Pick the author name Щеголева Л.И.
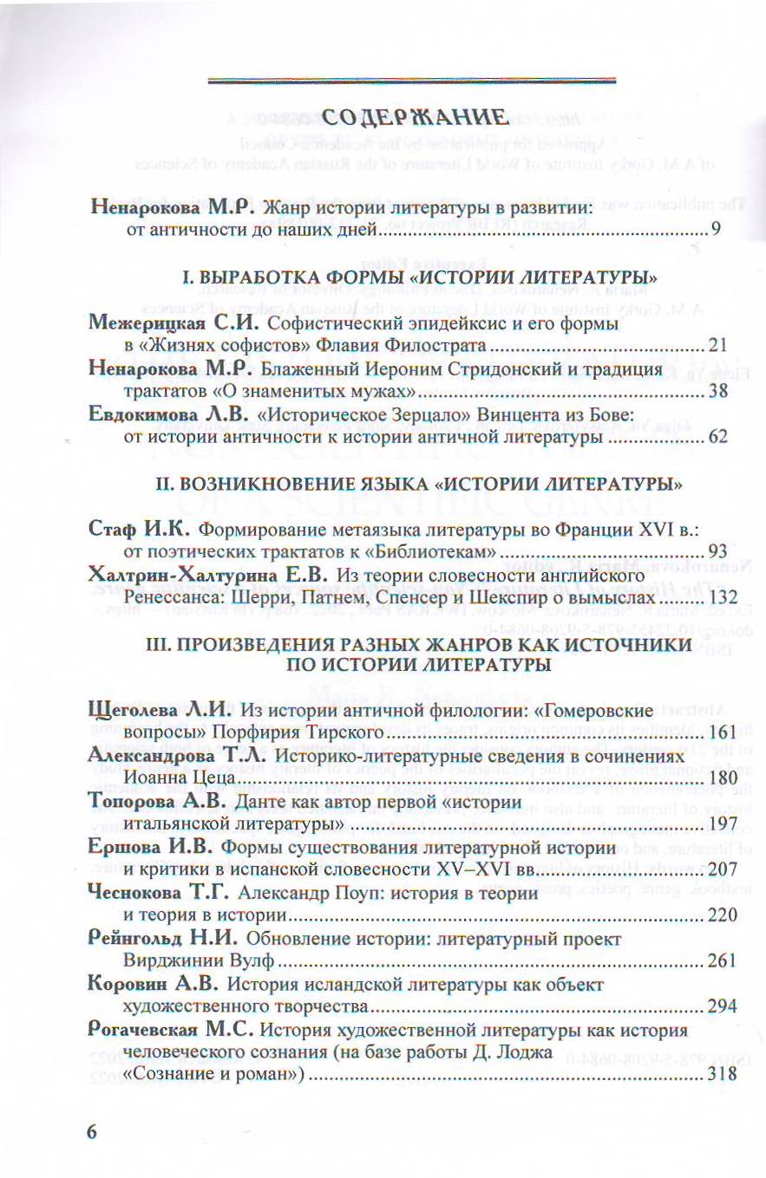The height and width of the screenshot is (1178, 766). tap(162, 711)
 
